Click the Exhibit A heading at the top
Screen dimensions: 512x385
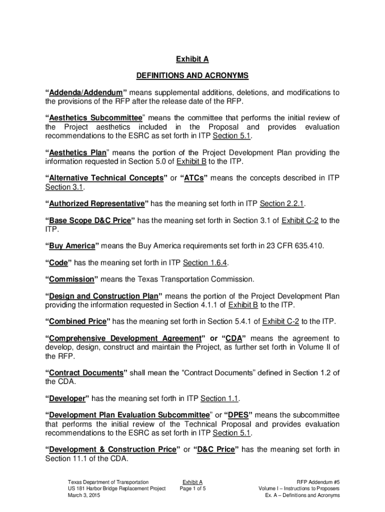tap(192, 59)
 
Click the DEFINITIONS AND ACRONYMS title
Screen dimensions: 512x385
tap(192, 76)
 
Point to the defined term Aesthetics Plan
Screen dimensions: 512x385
tap(77, 152)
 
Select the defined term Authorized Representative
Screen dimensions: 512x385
tap(96, 203)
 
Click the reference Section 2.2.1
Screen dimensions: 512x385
tap(282, 203)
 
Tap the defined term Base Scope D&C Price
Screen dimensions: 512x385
tap(91, 220)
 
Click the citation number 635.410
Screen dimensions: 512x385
tap(308, 246)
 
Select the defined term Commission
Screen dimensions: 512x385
tap(71, 279)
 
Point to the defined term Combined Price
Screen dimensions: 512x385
tap(77, 321)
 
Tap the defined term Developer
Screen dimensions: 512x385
tap(66, 398)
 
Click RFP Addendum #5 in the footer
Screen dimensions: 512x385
tap(317, 481)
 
